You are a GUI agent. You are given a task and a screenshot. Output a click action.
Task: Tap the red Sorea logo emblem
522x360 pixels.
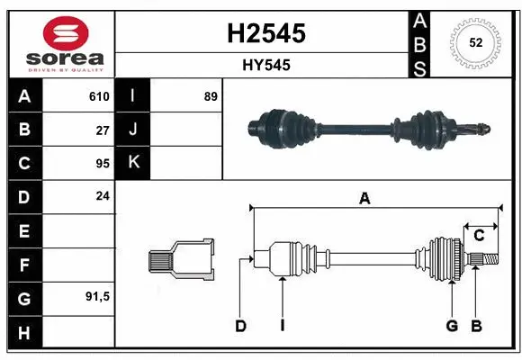point(58,33)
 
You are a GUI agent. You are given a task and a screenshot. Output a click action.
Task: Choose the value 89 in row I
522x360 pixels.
point(211,96)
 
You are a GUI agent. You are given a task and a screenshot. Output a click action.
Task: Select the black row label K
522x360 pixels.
point(133,163)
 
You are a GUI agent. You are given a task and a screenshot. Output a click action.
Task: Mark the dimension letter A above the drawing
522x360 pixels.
point(364,199)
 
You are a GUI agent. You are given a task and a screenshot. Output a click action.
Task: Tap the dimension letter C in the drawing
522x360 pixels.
point(479,235)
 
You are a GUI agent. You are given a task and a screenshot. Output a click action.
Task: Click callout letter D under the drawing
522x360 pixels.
point(240,326)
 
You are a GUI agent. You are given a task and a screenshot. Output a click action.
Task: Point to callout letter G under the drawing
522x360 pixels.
point(452,326)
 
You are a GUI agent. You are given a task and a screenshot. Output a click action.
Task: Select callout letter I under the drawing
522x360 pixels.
point(282,326)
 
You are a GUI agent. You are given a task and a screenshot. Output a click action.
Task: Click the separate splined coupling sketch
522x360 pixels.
point(181,260)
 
